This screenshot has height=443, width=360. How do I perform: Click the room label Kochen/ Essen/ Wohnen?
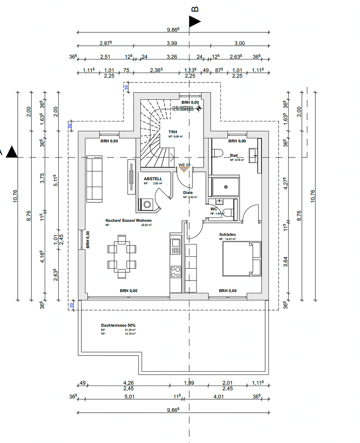click(128, 220)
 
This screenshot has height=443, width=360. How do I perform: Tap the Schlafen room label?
click(227, 235)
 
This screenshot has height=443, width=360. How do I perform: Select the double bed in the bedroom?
click(242, 258)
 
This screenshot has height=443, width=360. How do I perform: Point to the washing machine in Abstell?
click(146, 204)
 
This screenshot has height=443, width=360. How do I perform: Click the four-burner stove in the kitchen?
click(176, 271)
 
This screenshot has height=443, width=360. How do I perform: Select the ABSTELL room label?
click(153, 179)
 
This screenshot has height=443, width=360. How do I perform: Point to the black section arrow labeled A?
click(12, 152)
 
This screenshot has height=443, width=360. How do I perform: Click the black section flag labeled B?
click(195, 22)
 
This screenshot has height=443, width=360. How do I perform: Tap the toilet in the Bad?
click(218, 153)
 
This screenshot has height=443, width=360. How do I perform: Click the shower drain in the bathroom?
click(225, 187)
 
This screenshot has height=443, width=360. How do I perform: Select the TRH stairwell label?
click(172, 132)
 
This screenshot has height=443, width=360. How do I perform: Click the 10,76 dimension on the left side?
click(25, 195)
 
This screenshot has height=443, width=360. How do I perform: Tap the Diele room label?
click(188, 192)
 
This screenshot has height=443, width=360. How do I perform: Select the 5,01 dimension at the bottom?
click(130, 397)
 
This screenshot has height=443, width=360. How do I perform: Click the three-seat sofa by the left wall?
click(94, 179)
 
